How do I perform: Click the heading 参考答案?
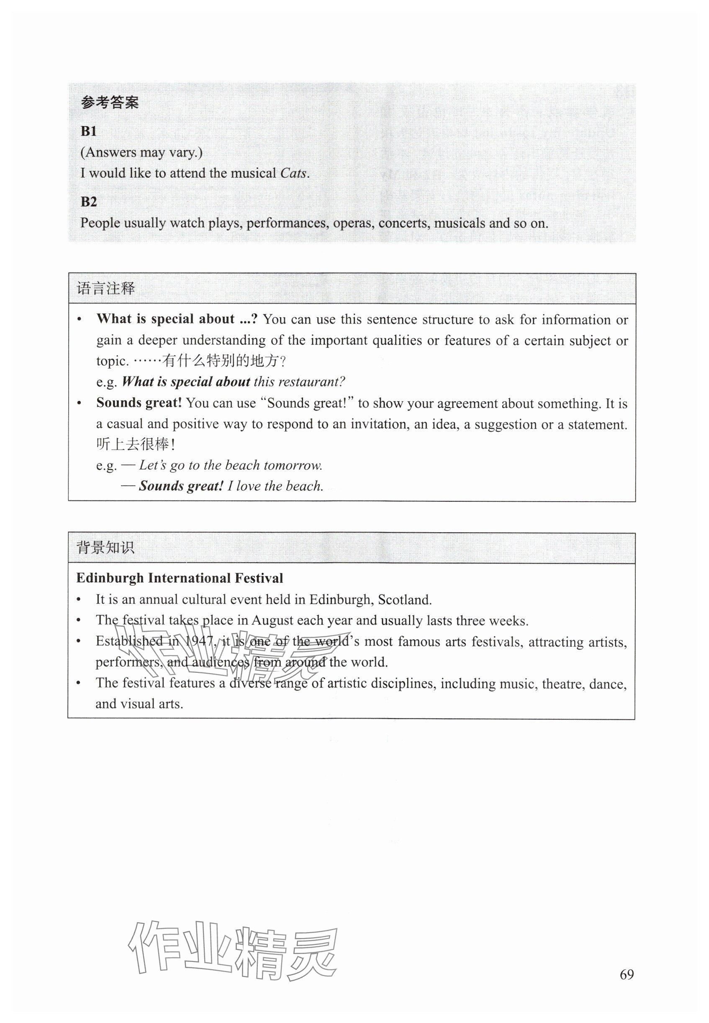[x=110, y=103]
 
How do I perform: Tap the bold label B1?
[x=89, y=131]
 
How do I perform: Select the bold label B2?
[x=89, y=202]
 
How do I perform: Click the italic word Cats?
[x=293, y=173]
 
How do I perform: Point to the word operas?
[x=353, y=223]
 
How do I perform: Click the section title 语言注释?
[x=106, y=289]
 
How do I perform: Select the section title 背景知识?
[x=105, y=548]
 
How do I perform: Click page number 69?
[x=627, y=974]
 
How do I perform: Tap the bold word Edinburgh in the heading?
[x=110, y=578]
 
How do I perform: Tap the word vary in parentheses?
[x=183, y=153]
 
